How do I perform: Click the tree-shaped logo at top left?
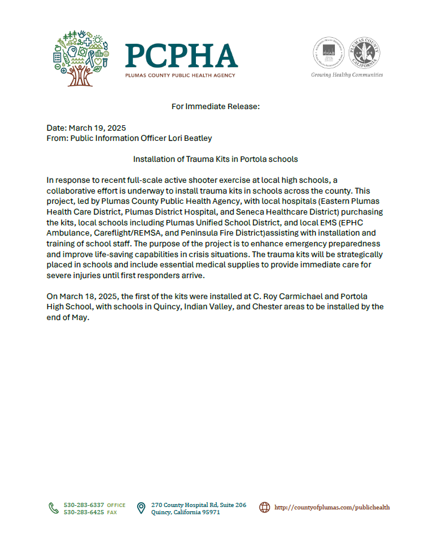click(80, 58)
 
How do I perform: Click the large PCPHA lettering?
click(181, 56)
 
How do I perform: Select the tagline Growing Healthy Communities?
click(347, 75)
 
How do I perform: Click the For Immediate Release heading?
click(215, 107)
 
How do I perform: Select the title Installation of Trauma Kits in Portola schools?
click(215, 159)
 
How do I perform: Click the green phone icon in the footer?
click(53, 508)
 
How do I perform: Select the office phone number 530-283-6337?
click(84, 505)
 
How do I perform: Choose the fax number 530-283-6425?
click(84, 512)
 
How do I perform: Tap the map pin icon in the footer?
click(141, 508)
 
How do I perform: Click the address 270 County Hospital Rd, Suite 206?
click(198, 505)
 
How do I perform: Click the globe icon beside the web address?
click(264, 508)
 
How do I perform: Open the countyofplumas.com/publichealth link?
click(332, 508)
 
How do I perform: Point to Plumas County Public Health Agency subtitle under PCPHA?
click(180, 76)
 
